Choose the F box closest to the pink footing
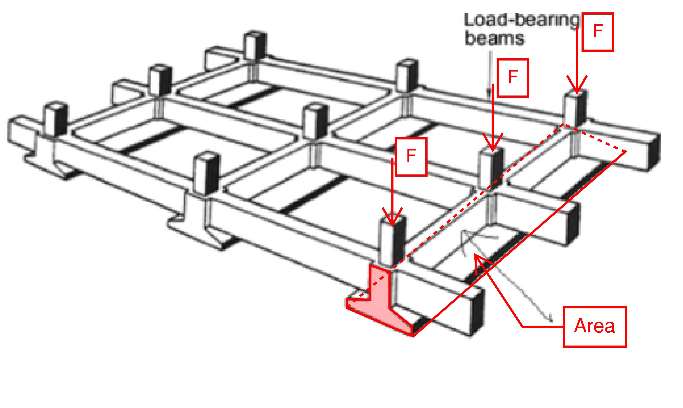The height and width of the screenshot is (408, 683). click(411, 157)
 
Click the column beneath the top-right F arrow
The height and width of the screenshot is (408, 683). click(575, 109)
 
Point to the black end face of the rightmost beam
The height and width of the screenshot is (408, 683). click(654, 153)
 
